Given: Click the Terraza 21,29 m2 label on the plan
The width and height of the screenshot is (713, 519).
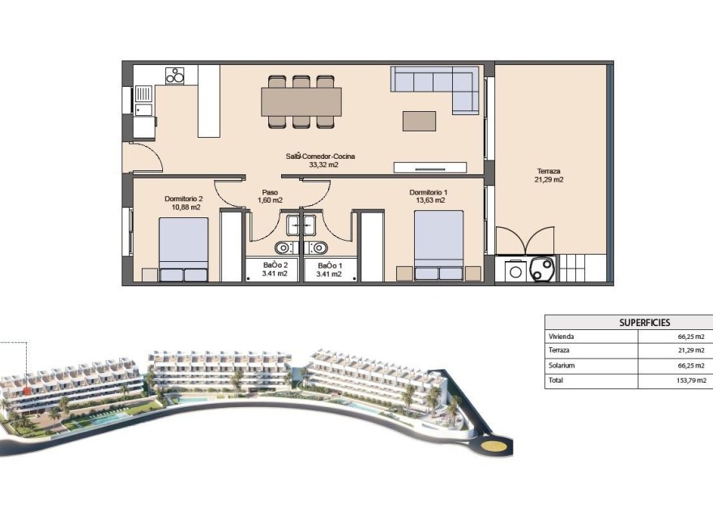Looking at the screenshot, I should (549, 175).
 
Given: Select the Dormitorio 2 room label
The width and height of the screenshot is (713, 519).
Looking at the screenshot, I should (183, 203).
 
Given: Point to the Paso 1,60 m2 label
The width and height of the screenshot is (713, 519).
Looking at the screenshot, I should (269, 196).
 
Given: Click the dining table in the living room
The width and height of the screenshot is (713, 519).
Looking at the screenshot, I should (301, 101).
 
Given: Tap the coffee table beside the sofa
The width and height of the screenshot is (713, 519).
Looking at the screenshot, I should (419, 120).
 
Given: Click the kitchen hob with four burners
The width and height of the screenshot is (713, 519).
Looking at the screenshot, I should (175, 75).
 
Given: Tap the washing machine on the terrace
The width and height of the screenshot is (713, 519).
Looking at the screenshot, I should (514, 270).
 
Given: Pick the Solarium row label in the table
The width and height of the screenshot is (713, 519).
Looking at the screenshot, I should (563, 366).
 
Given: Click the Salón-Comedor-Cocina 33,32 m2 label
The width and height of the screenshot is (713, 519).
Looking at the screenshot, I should (320, 160).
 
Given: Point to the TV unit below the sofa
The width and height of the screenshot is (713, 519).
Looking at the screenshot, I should (429, 168).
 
